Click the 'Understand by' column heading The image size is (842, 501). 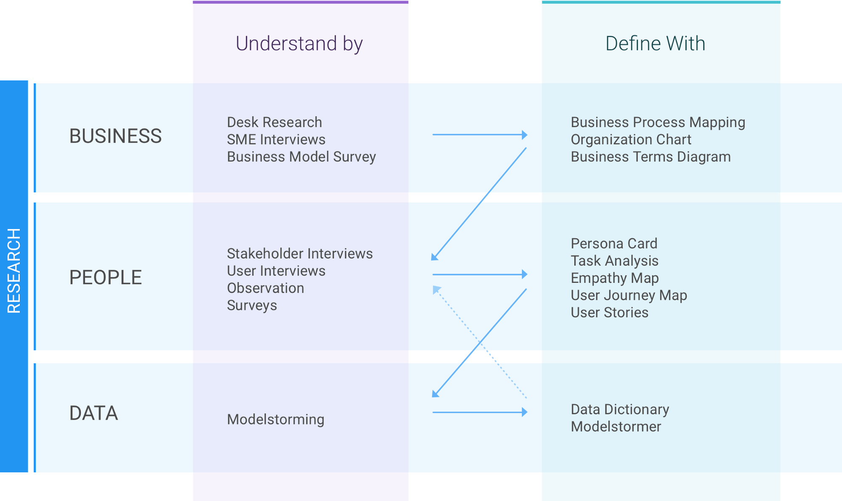click(x=299, y=44)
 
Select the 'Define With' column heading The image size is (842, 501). click(x=655, y=43)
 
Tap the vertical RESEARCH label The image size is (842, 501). click(x=14, y=271)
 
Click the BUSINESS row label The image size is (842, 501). click(x=115, y=136)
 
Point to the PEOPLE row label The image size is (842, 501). click(x=106, y=277)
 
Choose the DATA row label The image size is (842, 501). click(x=93, y=413)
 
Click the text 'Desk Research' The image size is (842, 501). click(x=274, y=122)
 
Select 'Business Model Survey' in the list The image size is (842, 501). click(x=301, y=157)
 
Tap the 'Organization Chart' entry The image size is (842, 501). click(x=631, y=139)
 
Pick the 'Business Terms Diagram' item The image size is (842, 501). click(x=651, y=157)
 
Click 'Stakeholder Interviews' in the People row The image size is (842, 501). click(x=300, y=253)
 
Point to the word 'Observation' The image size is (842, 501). click(x=266, y=288)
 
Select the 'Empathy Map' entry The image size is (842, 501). click(x=615, y=278)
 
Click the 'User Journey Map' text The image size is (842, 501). click(x=629, y=296)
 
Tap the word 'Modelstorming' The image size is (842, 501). click(x=276, y=419)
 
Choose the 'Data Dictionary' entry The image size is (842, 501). click(x=620, y=409)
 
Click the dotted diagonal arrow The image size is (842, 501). click(x=480, y=342)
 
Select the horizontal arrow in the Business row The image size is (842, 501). click(x=480, y=135)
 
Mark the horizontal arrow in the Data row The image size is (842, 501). click(x=480, y=412)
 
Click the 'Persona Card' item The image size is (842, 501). click(x=614, y=243)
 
